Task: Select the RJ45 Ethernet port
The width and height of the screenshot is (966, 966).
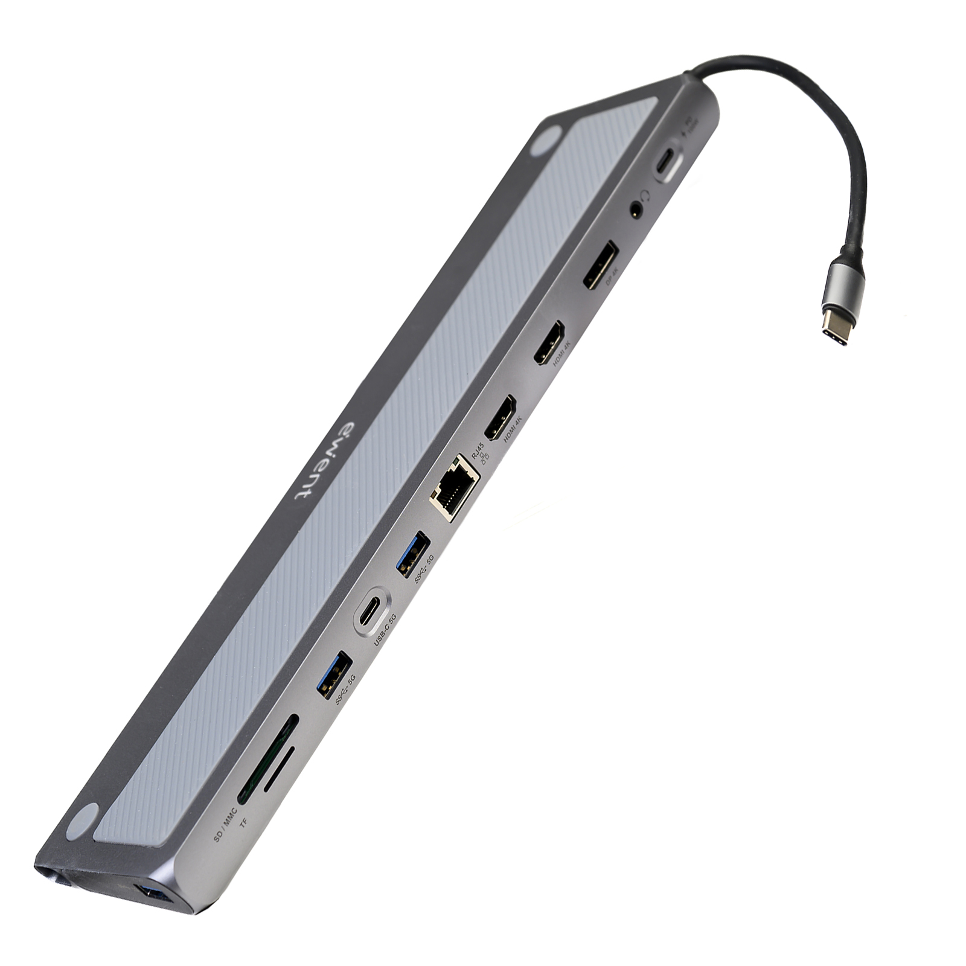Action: coord(455,487)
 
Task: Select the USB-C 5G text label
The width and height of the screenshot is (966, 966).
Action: coord(385,630)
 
